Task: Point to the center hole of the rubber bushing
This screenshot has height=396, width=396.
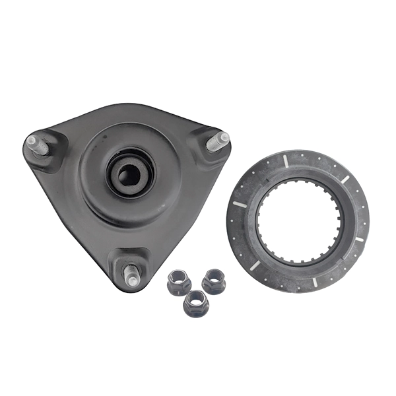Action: [x=129, y=174]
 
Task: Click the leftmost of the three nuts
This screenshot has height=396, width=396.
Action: [x=178, y=282]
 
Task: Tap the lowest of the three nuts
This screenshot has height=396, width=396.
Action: [x=196, y=303]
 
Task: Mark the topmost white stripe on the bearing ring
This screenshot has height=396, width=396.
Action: [x=284, y=160]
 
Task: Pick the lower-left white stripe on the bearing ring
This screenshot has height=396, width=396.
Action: [x=254, y=265]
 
